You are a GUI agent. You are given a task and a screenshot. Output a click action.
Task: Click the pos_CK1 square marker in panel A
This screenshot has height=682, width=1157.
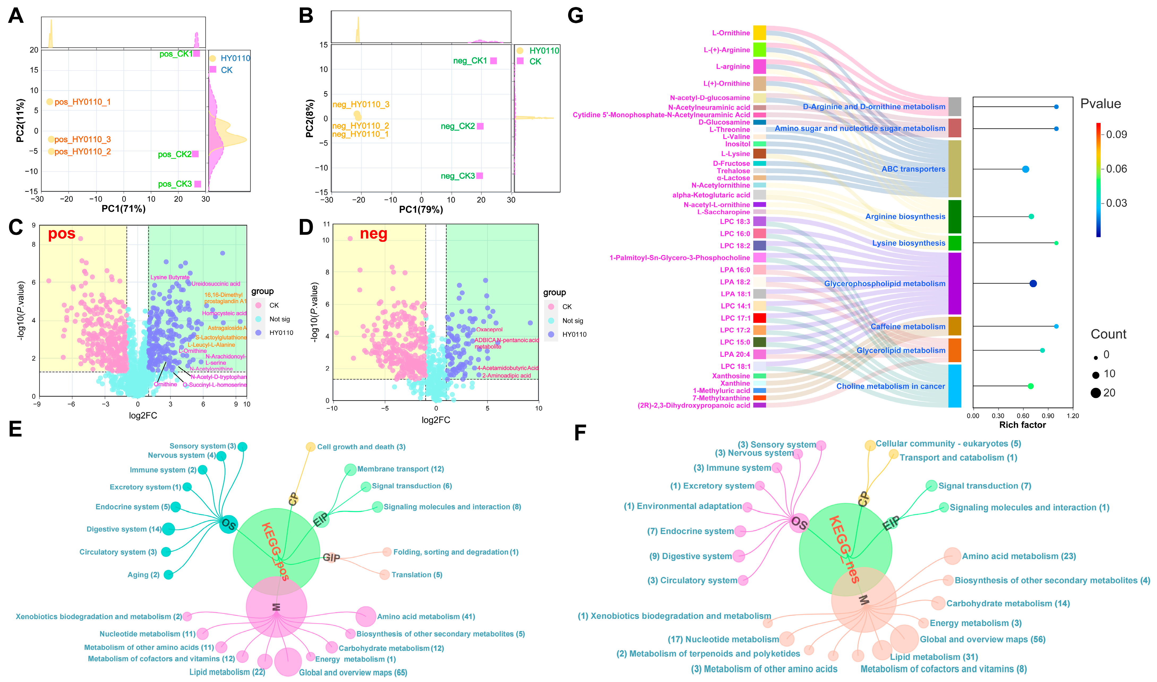196,53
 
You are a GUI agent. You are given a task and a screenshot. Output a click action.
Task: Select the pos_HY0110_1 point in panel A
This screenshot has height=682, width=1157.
50,101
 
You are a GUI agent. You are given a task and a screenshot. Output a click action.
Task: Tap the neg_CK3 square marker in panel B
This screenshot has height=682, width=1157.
480,176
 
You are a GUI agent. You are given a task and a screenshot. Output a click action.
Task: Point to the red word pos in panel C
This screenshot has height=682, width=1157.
62,234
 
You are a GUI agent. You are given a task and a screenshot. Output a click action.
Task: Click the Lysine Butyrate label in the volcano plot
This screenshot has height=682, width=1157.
170,277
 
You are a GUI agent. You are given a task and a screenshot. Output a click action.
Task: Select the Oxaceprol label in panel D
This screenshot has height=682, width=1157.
490,329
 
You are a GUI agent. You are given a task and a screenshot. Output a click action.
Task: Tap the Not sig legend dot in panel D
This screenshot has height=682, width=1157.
551,321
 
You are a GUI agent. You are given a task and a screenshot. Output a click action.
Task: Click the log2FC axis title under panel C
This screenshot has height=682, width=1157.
143,416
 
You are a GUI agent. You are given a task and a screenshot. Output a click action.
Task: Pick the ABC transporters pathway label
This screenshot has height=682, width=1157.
913,169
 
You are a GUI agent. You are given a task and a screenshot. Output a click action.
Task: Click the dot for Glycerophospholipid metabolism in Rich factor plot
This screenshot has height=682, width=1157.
1033,283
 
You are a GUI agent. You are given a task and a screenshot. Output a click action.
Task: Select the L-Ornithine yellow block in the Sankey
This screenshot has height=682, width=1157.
759,33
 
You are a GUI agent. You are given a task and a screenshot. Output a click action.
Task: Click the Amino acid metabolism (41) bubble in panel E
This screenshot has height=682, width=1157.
366,617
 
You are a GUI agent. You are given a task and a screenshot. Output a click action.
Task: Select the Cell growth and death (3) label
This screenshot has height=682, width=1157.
361,447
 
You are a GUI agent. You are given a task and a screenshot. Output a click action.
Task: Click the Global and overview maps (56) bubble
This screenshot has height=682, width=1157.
904,639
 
